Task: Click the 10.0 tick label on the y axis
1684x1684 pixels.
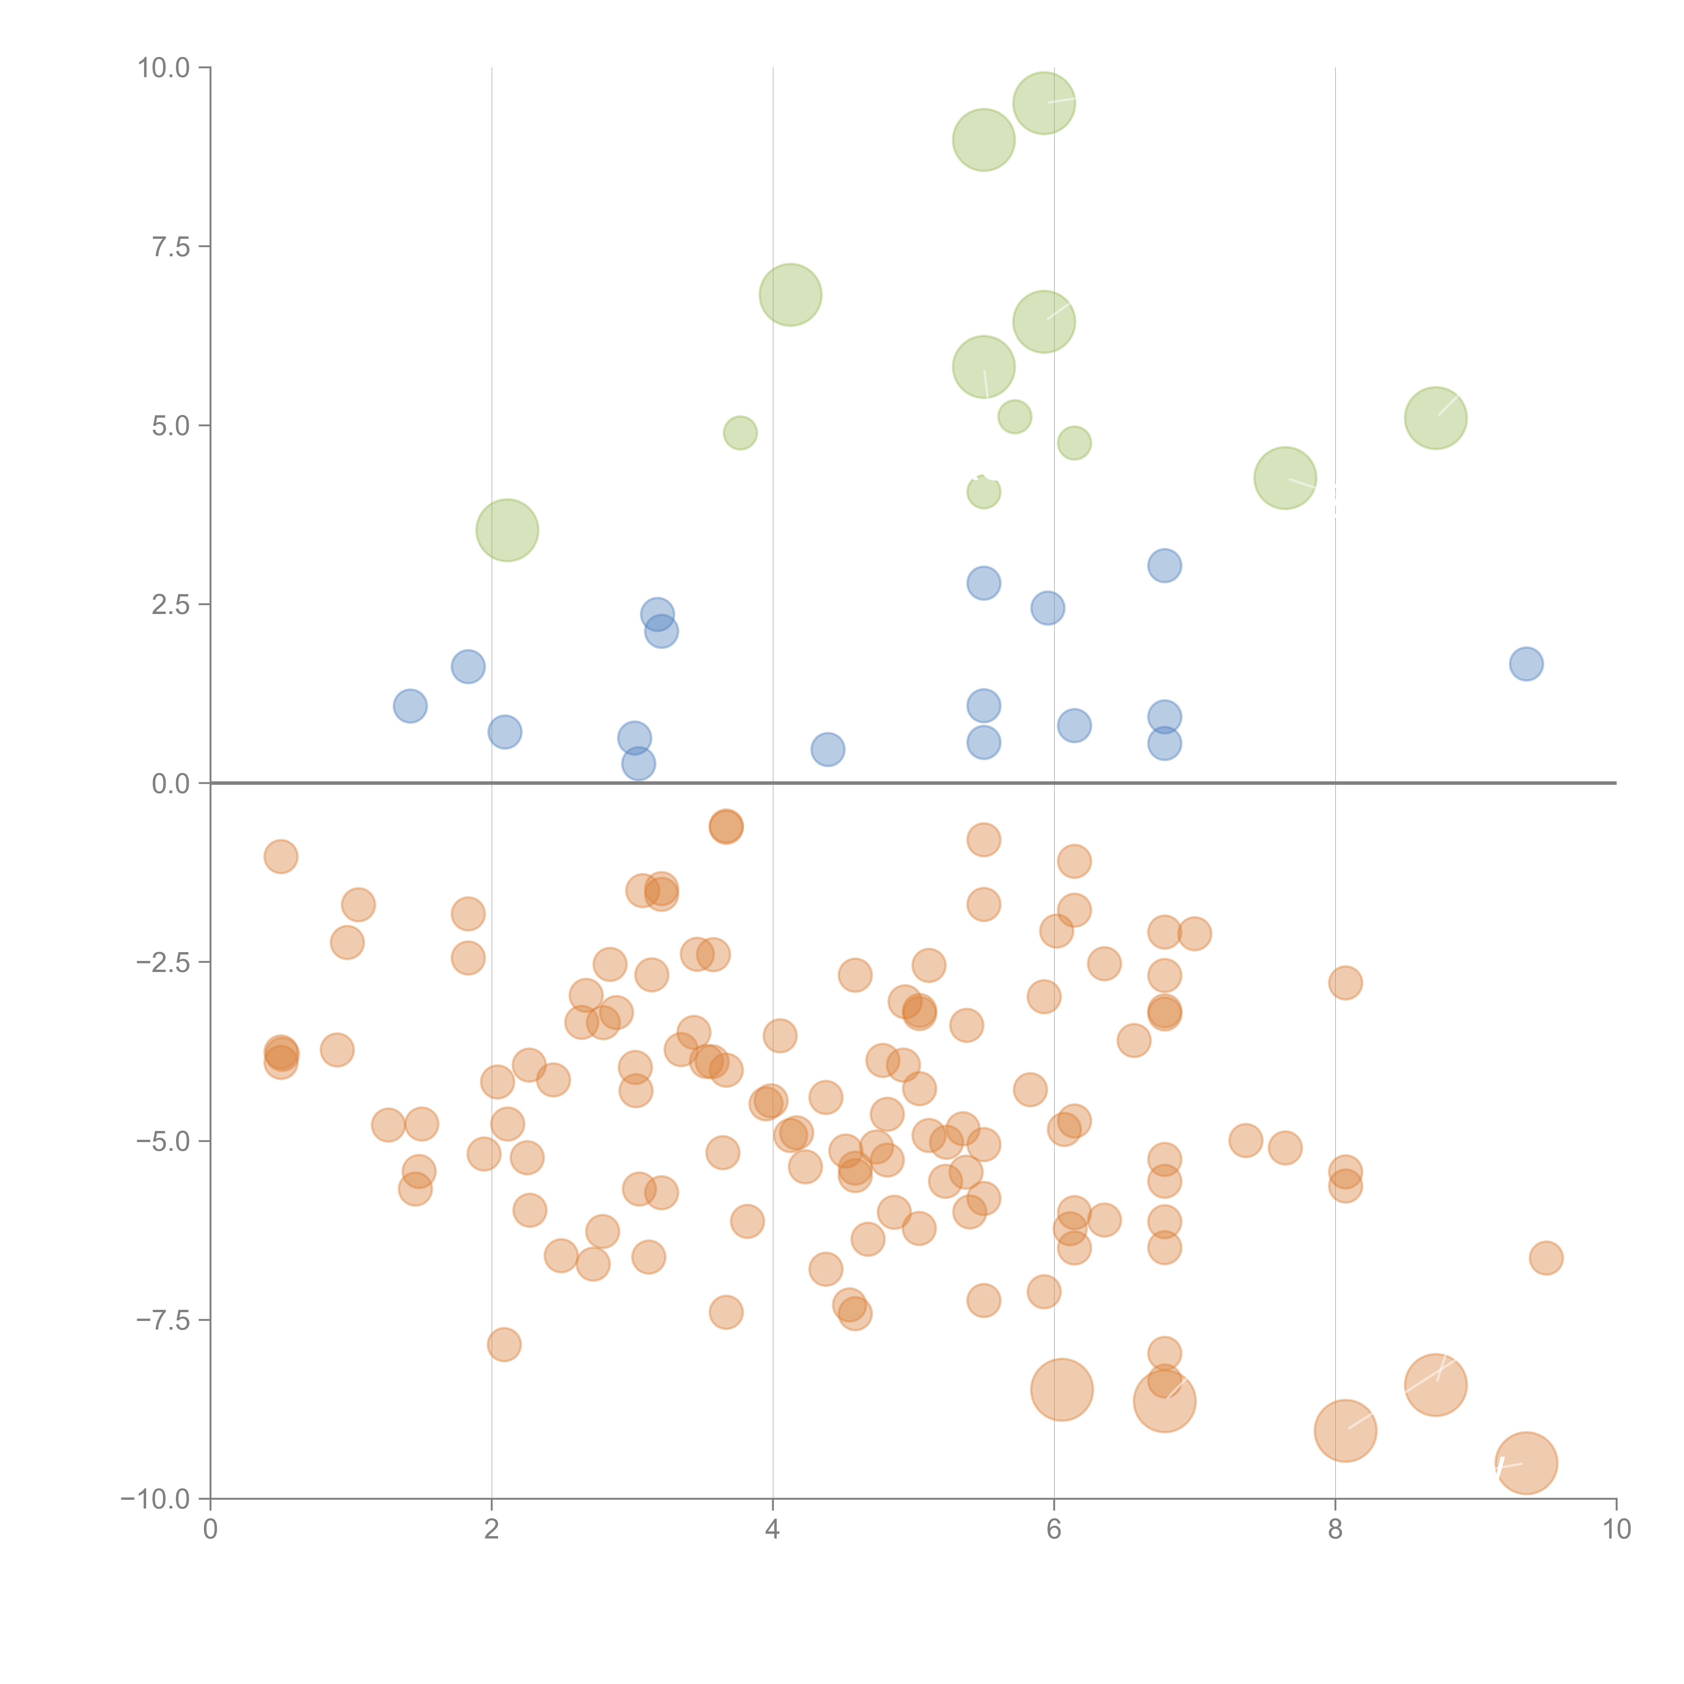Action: (x=164, y=68)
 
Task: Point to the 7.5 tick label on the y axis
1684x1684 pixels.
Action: (x=171, y=247)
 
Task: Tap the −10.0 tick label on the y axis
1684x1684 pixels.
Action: (x=155, y=1499)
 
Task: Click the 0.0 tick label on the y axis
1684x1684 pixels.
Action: (x=171, y=784)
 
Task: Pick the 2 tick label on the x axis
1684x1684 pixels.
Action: (x=492, y=1529)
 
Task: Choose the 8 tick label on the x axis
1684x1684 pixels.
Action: (x=1335, y=1529)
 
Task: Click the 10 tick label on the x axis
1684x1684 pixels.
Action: (x=1616, y=1529)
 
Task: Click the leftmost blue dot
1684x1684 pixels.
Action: (x=410, y=706)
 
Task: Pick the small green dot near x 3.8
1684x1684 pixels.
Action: (x=740, y=433)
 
